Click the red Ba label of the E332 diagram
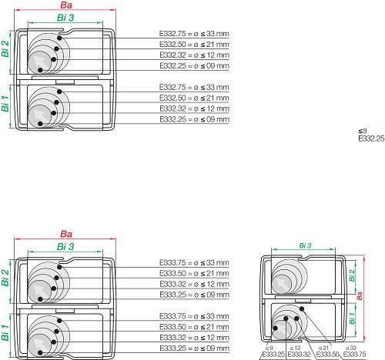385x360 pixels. pos(66,5)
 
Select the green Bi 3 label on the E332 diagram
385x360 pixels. pos(65,18)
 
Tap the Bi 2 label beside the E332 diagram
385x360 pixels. pos(5,48)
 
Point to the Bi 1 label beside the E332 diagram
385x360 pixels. pos(5,103)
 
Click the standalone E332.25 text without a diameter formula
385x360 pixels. pos(371,138)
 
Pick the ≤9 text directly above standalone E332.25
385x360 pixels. pos(363,131)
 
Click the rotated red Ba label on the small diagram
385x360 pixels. pos(360,295)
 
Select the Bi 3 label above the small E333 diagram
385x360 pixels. pos(305,245)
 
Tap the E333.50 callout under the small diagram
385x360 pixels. pos(327,355)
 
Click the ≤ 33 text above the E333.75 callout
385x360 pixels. pos(351,348)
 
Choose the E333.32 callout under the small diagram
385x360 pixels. pos(299,355)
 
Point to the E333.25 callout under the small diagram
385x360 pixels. pos(273,355)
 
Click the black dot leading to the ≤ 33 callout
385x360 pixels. pos(302,308)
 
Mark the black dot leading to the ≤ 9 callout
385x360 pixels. pos(276,328)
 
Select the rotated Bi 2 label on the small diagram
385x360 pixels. pos(352,275)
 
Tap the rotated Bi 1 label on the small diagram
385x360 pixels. pos(352,318)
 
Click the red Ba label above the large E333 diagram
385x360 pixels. pos(66,234)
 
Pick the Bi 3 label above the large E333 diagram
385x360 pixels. pos(65,246)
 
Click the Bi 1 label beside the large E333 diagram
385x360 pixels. pos(5,332)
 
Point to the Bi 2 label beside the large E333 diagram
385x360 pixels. pos(5,278)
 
